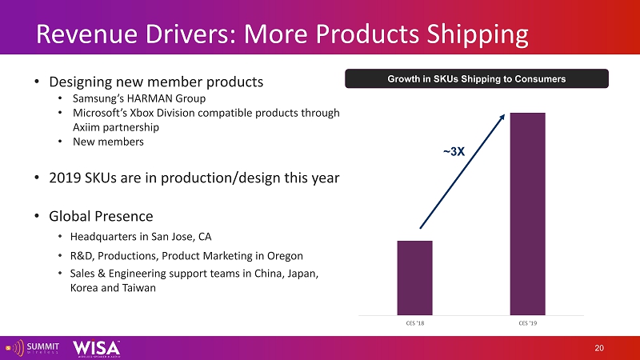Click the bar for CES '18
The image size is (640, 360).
(x=414, y=278)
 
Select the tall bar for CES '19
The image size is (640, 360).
(x=528, y=214)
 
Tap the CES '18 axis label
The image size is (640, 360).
(x=414, y=323)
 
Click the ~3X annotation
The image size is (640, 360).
(x=454, y=151)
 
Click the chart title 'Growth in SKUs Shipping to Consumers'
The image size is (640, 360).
(x=477, y=79)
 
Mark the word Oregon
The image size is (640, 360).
(x=284, y=256)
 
